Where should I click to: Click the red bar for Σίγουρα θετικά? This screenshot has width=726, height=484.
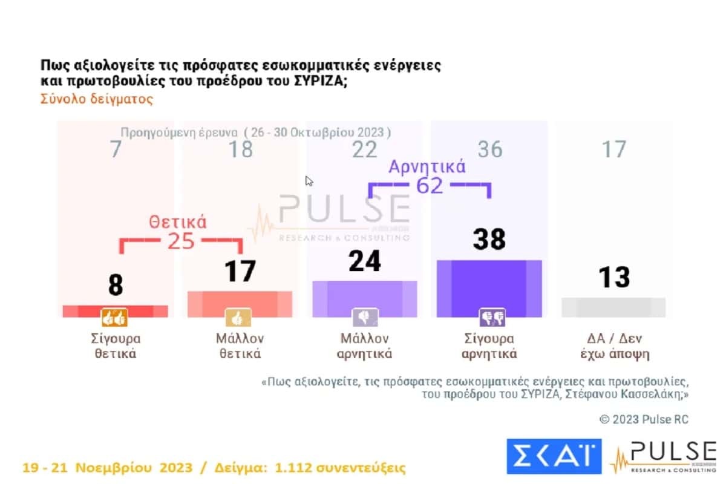click(115, 311)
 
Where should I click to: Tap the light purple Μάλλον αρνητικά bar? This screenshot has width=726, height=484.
click(364, 299)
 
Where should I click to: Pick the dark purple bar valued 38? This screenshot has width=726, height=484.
click(489, 289)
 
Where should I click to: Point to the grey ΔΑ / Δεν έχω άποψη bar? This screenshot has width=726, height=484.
click(613, 307)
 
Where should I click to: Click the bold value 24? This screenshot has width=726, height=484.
click(364, 261)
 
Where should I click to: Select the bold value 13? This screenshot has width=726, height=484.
click(614, 278)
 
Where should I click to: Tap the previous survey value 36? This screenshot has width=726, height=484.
click(489, 149)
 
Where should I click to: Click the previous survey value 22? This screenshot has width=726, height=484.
click(364, 149)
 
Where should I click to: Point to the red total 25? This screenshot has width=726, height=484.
click(180, 241)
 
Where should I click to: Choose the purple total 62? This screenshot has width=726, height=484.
click(430, 186)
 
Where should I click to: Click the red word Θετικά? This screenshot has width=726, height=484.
click(178, 222)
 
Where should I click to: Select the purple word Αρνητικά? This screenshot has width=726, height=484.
click(427, 167)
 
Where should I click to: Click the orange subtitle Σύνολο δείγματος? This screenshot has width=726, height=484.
click(97, 99)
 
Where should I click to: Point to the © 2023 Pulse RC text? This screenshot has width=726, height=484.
click(644, 419)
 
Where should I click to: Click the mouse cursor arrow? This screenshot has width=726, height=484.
click(309, 181)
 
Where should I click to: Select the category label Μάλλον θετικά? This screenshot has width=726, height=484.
click(240, 346)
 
